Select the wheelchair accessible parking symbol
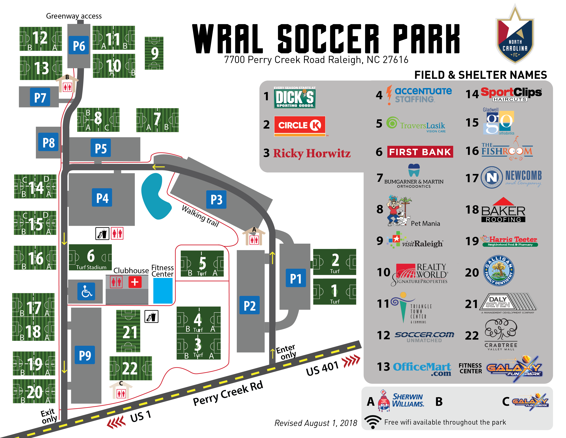point(86,291)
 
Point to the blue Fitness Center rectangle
point(163,291)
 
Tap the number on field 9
point(154,53)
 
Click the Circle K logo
point(300,126)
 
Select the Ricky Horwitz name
point(312,153)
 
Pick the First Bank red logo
point(420,152)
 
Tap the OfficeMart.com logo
point(422,368)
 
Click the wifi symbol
point(373,422)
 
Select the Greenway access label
point(74,16)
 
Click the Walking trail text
point(200,216)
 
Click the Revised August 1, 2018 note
point(316,423)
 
